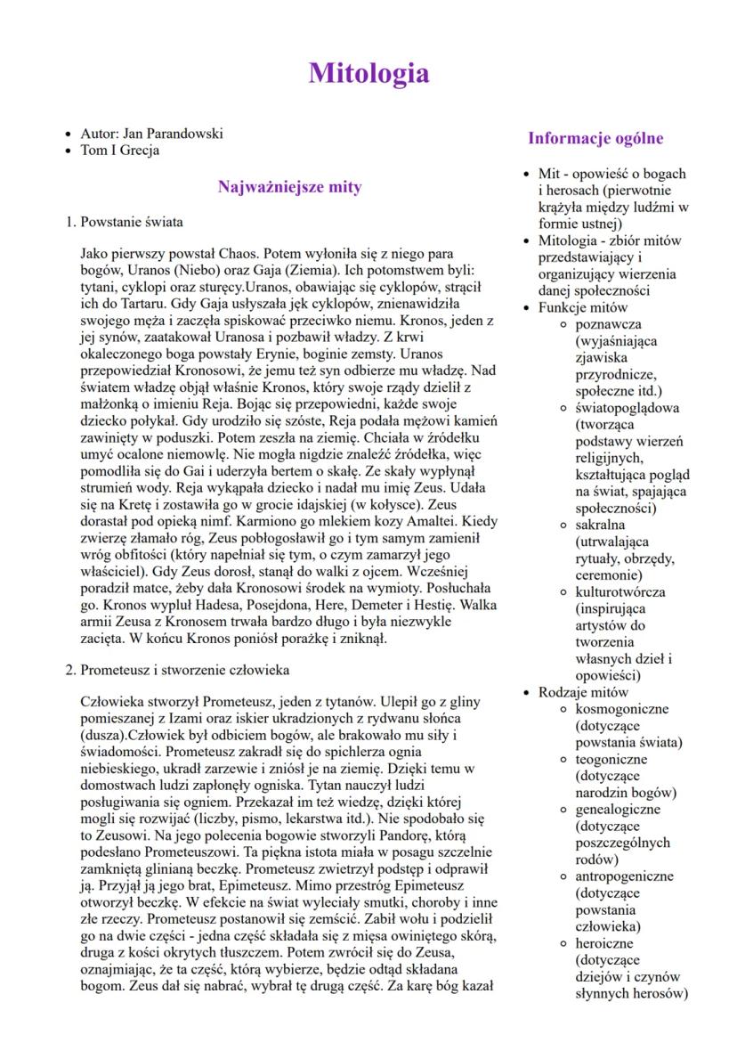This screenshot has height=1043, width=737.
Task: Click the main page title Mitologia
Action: (x=368, y=73)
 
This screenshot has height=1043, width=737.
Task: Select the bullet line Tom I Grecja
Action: (x=119, y=150)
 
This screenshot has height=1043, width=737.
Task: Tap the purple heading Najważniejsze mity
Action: (x=289, y=187)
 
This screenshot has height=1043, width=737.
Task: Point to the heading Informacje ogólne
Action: (x=595, y=138)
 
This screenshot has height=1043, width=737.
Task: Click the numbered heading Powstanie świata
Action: (x=132, y=222)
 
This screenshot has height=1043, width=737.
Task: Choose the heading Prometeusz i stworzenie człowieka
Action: (x=183, y=669)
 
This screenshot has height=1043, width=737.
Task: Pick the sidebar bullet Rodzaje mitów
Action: (x=583, y=692)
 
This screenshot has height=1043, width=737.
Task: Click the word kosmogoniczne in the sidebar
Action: (x=621, y=709)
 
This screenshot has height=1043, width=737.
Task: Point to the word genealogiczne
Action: (x=618, y=810)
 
